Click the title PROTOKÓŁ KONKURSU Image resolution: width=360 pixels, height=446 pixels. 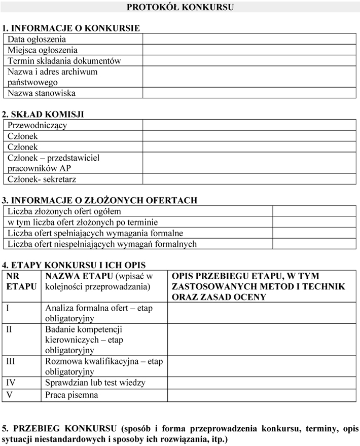click(x=180, y=7)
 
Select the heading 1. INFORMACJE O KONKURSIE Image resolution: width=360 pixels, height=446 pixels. click(x=71, y=28)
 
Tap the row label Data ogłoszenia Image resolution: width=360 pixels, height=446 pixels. click(x=37, y=39)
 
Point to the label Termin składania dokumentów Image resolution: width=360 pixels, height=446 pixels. click(x=64, y=61)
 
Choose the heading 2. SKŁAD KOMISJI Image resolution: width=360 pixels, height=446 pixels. click(x=43, y=114)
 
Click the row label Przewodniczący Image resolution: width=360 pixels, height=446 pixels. click(x=38, y=125)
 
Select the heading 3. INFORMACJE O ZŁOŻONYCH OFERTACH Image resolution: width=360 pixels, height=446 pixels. click(x=99, y=201)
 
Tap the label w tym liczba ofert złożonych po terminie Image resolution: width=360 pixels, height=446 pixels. click(x=83, y=222)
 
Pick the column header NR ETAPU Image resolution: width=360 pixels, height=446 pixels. click(x=21, y=281)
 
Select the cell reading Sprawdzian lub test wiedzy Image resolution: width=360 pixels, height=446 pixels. click(x=95, y=383)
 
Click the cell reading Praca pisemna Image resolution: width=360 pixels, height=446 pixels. click(x=71, y=394)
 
